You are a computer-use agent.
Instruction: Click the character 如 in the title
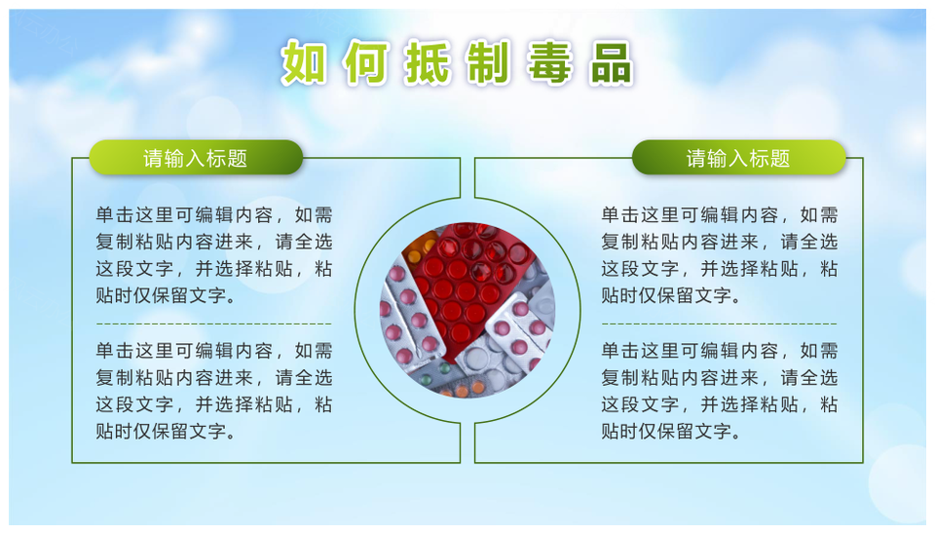304,62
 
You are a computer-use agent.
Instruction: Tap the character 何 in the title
366,62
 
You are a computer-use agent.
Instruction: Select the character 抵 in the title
428,62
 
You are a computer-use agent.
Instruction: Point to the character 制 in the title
489,62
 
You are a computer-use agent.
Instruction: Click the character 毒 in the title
550,62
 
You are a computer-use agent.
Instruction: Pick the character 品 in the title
612,62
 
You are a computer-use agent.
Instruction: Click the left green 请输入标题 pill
196,158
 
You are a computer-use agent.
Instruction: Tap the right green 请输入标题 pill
739,158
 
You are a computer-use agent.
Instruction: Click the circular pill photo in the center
467,310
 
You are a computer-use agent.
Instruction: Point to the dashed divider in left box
213,324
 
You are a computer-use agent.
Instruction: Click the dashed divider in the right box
719,324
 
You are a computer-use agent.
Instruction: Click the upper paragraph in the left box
213,254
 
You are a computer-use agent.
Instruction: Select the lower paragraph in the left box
213,391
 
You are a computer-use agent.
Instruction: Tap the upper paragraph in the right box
719,254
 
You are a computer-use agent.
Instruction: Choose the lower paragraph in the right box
719,391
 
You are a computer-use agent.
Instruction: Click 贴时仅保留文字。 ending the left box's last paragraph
166,431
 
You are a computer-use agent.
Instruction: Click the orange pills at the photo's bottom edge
469,390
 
